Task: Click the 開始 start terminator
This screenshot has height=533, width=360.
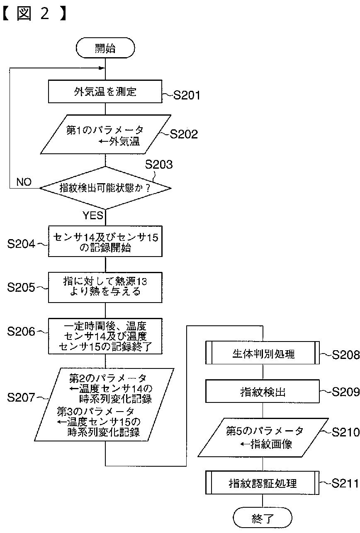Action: pos(105,49)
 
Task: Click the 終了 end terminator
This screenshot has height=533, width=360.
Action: pos(263,518)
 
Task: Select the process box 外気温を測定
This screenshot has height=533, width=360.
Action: pos(105,92)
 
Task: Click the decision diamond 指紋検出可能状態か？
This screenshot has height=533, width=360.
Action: pos(105,188)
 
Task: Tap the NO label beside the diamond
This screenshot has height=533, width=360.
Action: pos(24,182)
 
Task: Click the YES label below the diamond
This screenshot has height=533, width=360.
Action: pos(93,216)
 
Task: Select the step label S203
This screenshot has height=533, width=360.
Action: pos(158,165)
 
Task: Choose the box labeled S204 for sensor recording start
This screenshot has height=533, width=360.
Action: pos(105,241)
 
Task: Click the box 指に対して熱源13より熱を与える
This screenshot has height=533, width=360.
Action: pos(105,287)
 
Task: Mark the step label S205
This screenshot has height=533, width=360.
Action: pos(21,288)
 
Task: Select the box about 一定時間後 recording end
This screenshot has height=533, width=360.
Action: pos(105,336)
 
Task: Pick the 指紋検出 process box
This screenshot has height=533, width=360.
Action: pos(263,392)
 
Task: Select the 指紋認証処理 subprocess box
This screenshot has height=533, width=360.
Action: pos(263,483)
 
